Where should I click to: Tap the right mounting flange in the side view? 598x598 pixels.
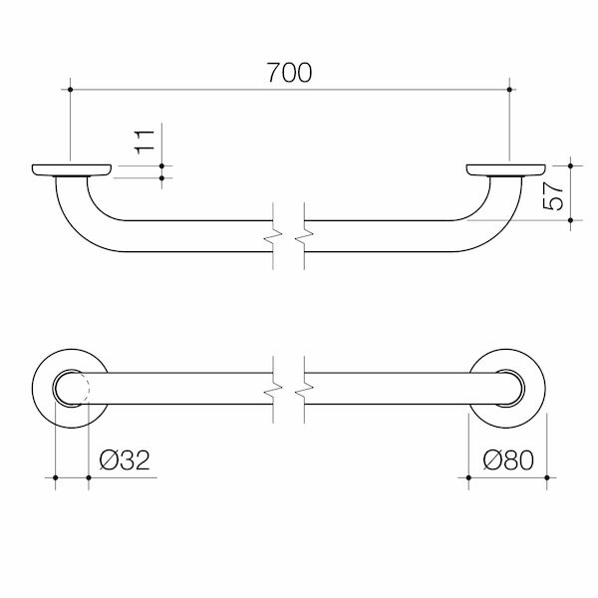(x=508, y=168)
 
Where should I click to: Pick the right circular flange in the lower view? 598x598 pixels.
(x=508, y=389)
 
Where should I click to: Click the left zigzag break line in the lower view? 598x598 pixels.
(x=272, y=389)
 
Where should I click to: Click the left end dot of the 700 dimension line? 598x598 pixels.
(x=72, y=90)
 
